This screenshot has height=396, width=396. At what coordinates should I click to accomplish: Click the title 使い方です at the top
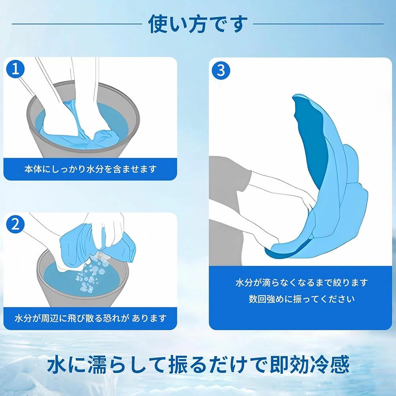(x=198, y=24)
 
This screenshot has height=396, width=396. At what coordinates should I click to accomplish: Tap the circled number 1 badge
(x=15, y=69)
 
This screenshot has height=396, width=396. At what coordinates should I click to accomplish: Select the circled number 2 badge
(x=15, y=224)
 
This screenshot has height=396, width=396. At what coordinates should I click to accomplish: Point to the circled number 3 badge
(x=221, y=70)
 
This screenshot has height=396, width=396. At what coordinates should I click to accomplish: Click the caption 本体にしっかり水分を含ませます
(x=90, y=169)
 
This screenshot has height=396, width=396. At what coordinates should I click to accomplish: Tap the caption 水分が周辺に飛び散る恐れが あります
(x=90, y=318)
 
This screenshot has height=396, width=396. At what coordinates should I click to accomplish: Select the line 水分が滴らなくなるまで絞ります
(x=301, y=282)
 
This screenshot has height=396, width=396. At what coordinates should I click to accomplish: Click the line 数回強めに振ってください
(x=301, y=299)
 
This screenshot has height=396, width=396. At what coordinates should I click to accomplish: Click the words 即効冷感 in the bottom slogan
(x=310, y=365)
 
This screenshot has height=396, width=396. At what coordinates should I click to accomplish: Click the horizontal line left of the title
(x=77, y=24)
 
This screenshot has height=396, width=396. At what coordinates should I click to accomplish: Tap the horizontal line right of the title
(x=318, y=24)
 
